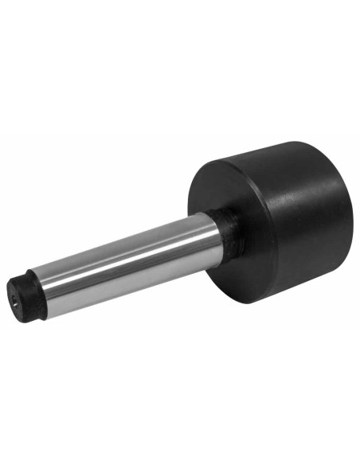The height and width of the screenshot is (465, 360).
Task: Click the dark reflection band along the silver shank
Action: [119, 275]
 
